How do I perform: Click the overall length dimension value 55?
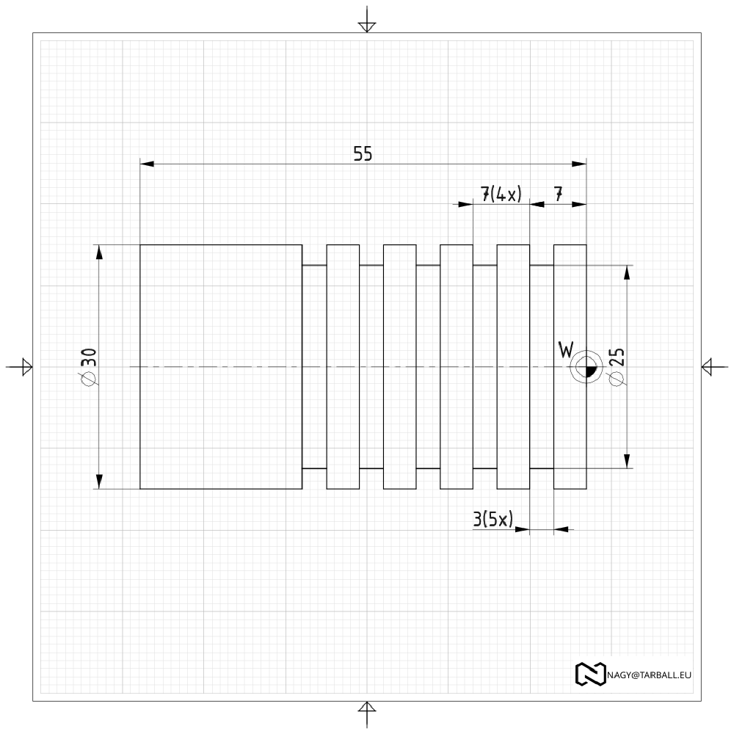point(363,153)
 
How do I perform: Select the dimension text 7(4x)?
point(501,194)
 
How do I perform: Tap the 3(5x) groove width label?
point(493,519)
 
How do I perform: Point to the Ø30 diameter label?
point(89,367)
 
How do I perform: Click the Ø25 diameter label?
point(617,366)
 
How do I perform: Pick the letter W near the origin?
point(566,349)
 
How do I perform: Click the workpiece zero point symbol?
point(586,367)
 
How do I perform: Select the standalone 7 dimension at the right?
point(558,194)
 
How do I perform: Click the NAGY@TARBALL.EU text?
point(650,675)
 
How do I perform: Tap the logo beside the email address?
point(590,675)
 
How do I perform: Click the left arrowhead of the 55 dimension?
point(147,164)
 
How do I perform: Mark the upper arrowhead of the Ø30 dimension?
point(99,252)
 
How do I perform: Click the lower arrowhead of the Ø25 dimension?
point(628,461)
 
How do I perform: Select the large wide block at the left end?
point(221,367)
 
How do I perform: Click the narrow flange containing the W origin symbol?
point(570,367)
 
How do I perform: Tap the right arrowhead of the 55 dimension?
point(580,164)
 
